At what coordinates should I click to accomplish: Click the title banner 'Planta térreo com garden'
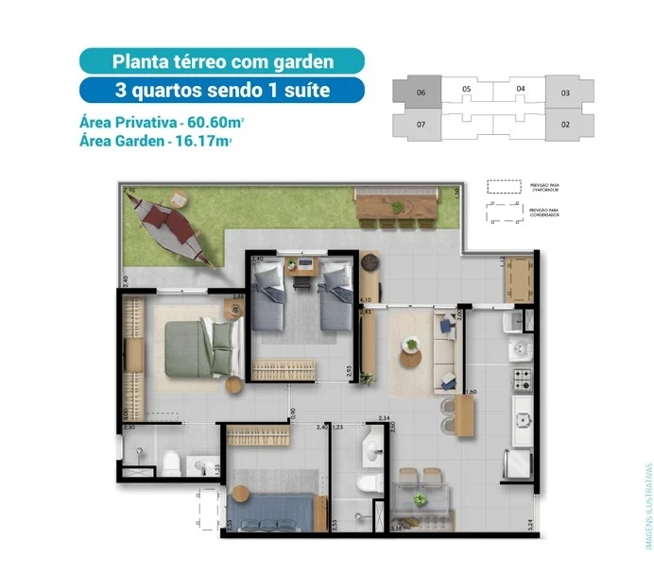[222, 62]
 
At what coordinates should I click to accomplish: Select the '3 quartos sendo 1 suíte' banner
[222, 92]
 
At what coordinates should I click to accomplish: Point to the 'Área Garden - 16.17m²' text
[156, 141]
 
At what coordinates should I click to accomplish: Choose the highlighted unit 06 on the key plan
[422, 93]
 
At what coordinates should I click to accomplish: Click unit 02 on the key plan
[565, 124]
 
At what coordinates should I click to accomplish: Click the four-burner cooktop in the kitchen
[522, 380]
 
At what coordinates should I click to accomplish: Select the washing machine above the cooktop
[521, 351]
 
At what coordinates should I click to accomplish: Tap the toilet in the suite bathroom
[172, 462]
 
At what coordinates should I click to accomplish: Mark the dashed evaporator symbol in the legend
[505, 187]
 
